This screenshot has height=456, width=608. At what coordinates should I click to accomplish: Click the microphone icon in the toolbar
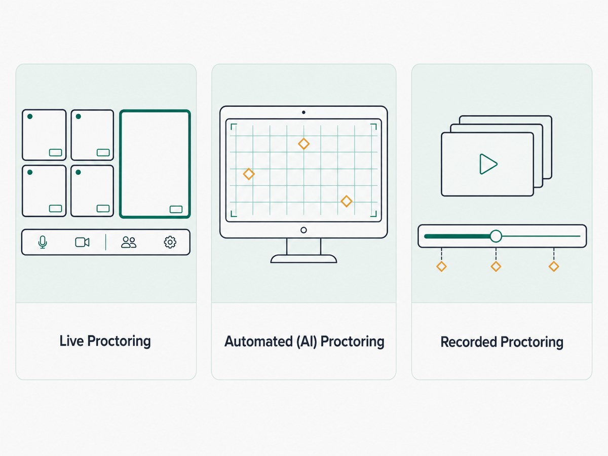(x=43, y=242)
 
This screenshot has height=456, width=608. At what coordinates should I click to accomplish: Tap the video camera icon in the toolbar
(x=82, y=242)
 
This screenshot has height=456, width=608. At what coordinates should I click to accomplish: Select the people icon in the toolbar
(x=129, y=242)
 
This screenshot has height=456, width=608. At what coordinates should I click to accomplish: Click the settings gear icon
(x=170, y=242)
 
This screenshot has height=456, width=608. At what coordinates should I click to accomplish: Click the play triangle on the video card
(x=488, y=164)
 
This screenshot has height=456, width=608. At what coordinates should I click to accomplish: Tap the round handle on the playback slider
(x=496, y=236)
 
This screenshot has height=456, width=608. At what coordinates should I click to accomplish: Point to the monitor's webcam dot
(x=303, y=112)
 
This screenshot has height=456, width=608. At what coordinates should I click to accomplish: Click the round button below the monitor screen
(x=303, y=230)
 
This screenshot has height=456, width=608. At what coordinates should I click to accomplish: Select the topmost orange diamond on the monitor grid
(x=304, y=144)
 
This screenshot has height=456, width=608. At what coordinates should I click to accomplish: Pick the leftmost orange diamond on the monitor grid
(x=249, y=174)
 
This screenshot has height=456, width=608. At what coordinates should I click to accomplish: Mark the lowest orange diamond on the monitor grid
(x=347, y=201)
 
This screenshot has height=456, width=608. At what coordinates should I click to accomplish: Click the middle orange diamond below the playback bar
(x=496, y=267)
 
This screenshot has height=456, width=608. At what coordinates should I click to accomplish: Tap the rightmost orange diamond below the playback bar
(x=554, y=267)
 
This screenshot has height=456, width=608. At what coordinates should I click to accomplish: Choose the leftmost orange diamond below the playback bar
(x=441, y=267)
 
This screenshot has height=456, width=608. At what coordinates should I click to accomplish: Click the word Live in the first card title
(x=72, y=341)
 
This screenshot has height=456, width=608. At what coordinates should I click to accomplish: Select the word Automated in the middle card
(x=258, y=341)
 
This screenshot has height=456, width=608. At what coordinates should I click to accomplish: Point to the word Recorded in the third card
(x=469, y=341)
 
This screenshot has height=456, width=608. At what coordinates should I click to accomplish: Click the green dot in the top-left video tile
(x=30, y=117)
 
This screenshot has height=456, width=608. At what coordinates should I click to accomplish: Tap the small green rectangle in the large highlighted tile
(x=176, y=209)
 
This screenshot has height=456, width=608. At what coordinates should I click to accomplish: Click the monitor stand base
(x=303, y=259)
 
